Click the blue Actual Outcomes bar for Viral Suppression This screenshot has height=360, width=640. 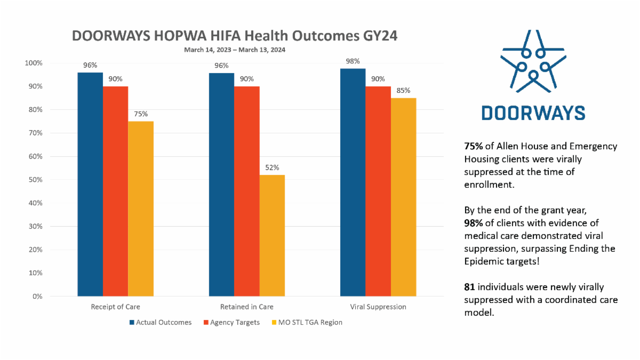[353, 182]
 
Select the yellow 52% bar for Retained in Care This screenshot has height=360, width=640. [272, 235]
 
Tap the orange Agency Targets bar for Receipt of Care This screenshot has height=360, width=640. [115, 191]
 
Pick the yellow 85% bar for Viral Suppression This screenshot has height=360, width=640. [403, 197]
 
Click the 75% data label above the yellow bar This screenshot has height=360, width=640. [141, 114]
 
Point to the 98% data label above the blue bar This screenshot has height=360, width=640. [353, 61]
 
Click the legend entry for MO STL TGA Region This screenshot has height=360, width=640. [307, 322]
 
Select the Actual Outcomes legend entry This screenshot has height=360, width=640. [161, 322]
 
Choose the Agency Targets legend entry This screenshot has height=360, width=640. [231, 322]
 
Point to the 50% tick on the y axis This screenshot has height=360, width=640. [35, 180]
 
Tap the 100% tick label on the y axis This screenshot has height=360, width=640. [34, 63]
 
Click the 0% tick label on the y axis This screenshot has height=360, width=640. [37, 297]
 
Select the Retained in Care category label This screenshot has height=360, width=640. [247, 307]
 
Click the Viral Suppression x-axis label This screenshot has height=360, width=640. [378, 307]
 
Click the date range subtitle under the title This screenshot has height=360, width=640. [235, 50]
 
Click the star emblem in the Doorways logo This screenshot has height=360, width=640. [533, 61]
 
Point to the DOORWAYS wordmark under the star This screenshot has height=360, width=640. [533, 113]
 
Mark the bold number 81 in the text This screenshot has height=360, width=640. [469, 287]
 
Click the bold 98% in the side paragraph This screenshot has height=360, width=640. [474, 223]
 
